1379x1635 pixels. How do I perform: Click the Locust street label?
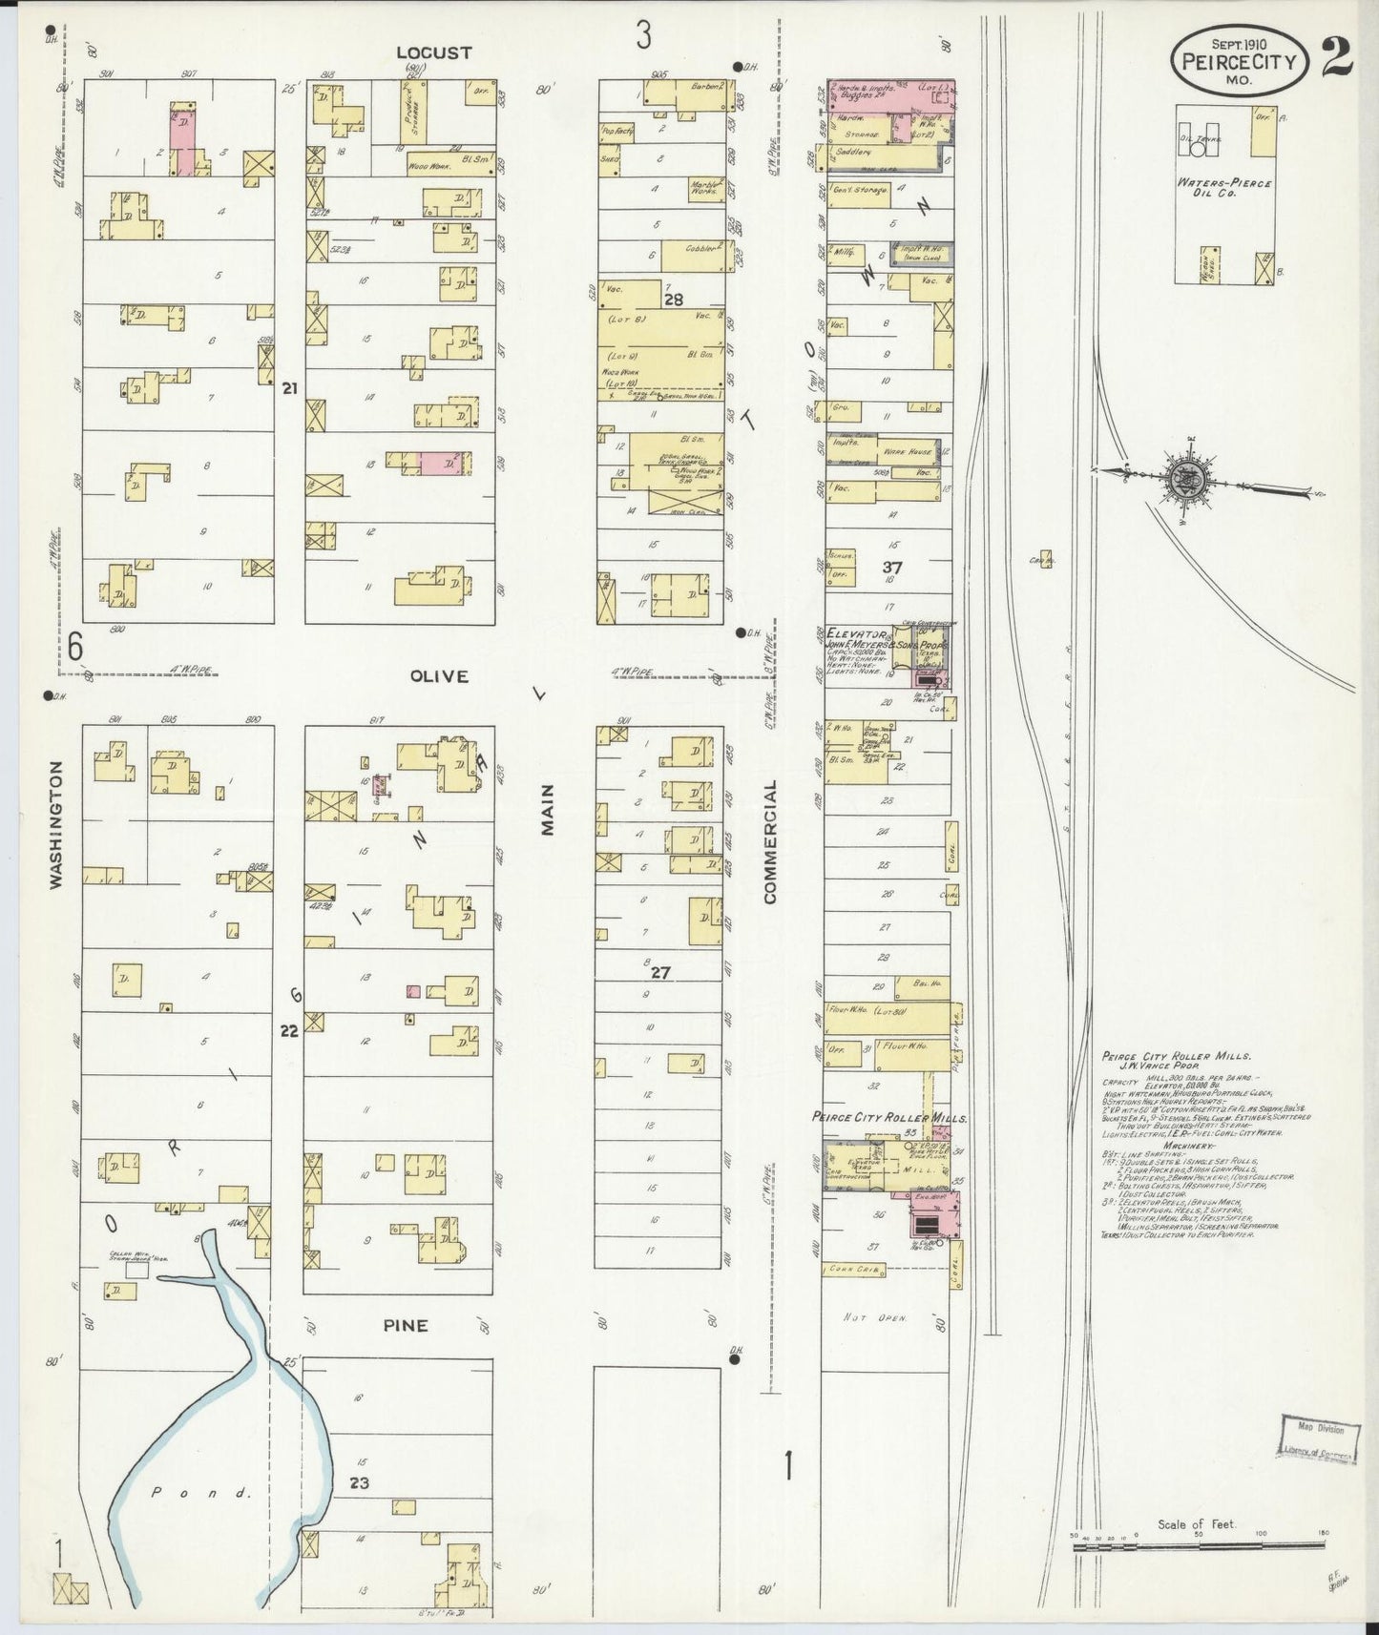(433, 53)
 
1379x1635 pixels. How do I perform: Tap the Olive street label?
(439, 676)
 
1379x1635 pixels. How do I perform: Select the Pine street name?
(405, 1326)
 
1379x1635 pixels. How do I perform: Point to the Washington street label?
(56, 825)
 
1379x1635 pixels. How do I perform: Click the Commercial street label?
(769, 840)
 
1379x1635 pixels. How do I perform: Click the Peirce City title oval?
(1239, 60)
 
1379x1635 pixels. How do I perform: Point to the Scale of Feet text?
(1196, 1524)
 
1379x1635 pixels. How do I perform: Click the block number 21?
(290, 388)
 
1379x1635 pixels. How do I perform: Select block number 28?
(674, 300)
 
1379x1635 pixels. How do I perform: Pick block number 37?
(892, 567)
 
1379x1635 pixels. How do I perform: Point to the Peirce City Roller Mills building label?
(889, 1117)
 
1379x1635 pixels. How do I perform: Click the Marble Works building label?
(705, 189)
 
